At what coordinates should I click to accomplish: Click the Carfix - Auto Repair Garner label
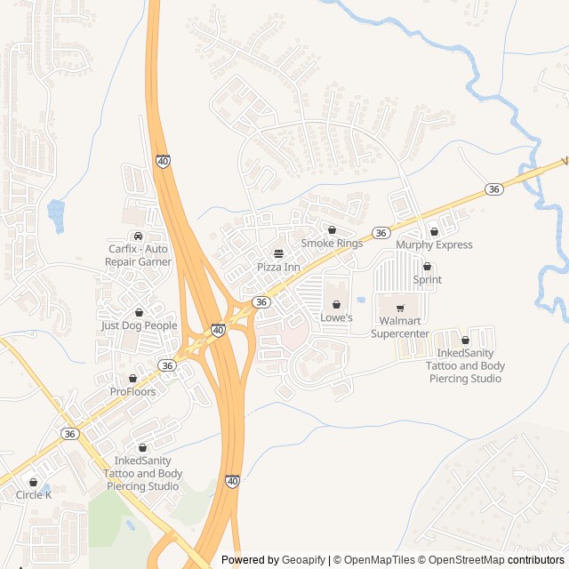click(x=138, y=255)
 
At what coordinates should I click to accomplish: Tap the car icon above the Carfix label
click(x=138, y=236)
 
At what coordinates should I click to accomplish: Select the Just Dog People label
click(x=139, y=325)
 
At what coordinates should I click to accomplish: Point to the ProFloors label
click(x=132, y=391)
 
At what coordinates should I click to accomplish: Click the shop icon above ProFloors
click(x=132, y=379)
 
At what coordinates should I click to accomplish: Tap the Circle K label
click(x=34, y=494)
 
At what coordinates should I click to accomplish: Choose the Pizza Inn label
click(x=278, y=267)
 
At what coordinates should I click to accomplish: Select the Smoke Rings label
click(x=332, y=243)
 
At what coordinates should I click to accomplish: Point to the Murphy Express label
click(x=434, y=244)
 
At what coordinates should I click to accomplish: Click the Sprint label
click(x=427, y=279)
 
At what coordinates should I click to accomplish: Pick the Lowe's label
click(x=336, y=317)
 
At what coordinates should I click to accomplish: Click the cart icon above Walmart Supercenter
click(x=399, y=309)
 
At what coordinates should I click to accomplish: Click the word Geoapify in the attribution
click(x=304, y=560)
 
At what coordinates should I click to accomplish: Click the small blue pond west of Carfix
click(x=56, y=214)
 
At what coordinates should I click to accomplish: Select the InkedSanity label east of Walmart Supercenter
click(x=465, y=365)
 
